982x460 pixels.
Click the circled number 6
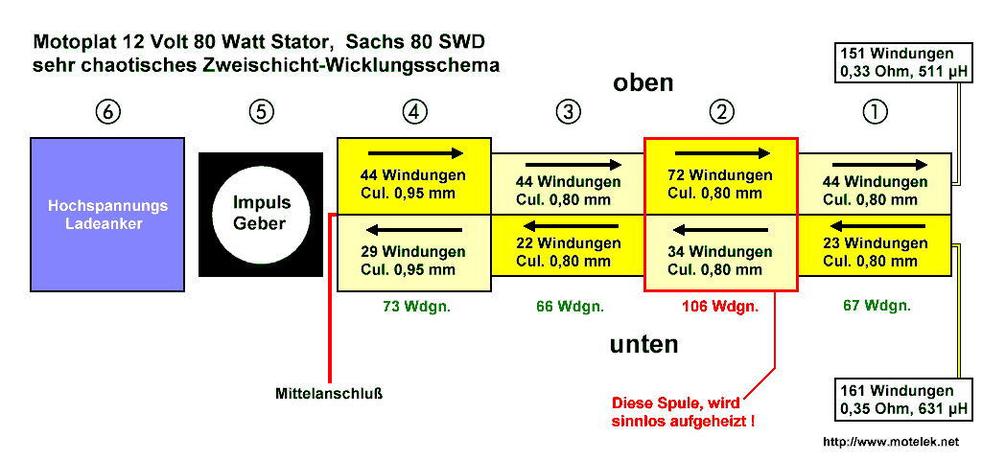[108, 112]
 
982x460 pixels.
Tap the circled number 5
[261, 112]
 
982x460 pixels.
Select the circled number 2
[720, 112]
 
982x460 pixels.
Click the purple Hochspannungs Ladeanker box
[108, 214]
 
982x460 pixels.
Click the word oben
[643, 83]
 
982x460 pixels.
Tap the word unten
[644, 344]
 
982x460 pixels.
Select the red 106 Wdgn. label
[720, 307]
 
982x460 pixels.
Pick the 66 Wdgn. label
[569, 307]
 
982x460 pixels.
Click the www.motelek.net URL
[891, 442]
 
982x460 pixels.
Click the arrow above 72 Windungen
[722, 153]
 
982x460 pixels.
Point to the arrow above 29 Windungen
[414, 230]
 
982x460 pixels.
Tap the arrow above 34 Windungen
[720, 230]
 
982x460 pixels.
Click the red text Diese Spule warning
[682, 411]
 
